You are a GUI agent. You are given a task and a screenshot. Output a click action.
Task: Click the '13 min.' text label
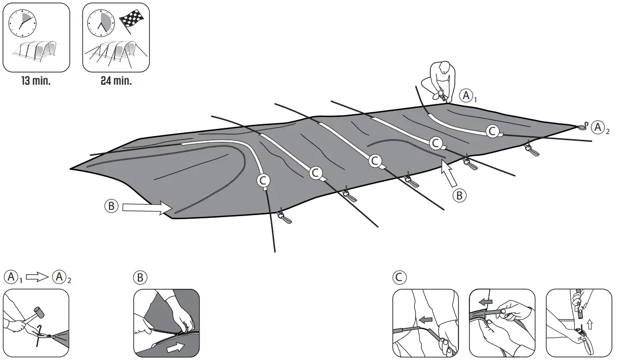point(36,82)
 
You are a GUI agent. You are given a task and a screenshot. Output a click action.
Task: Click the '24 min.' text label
point(116,82)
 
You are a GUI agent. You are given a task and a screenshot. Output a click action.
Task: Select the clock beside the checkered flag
point(100,22)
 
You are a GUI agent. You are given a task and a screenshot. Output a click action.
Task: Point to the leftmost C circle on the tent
point(264,180)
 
